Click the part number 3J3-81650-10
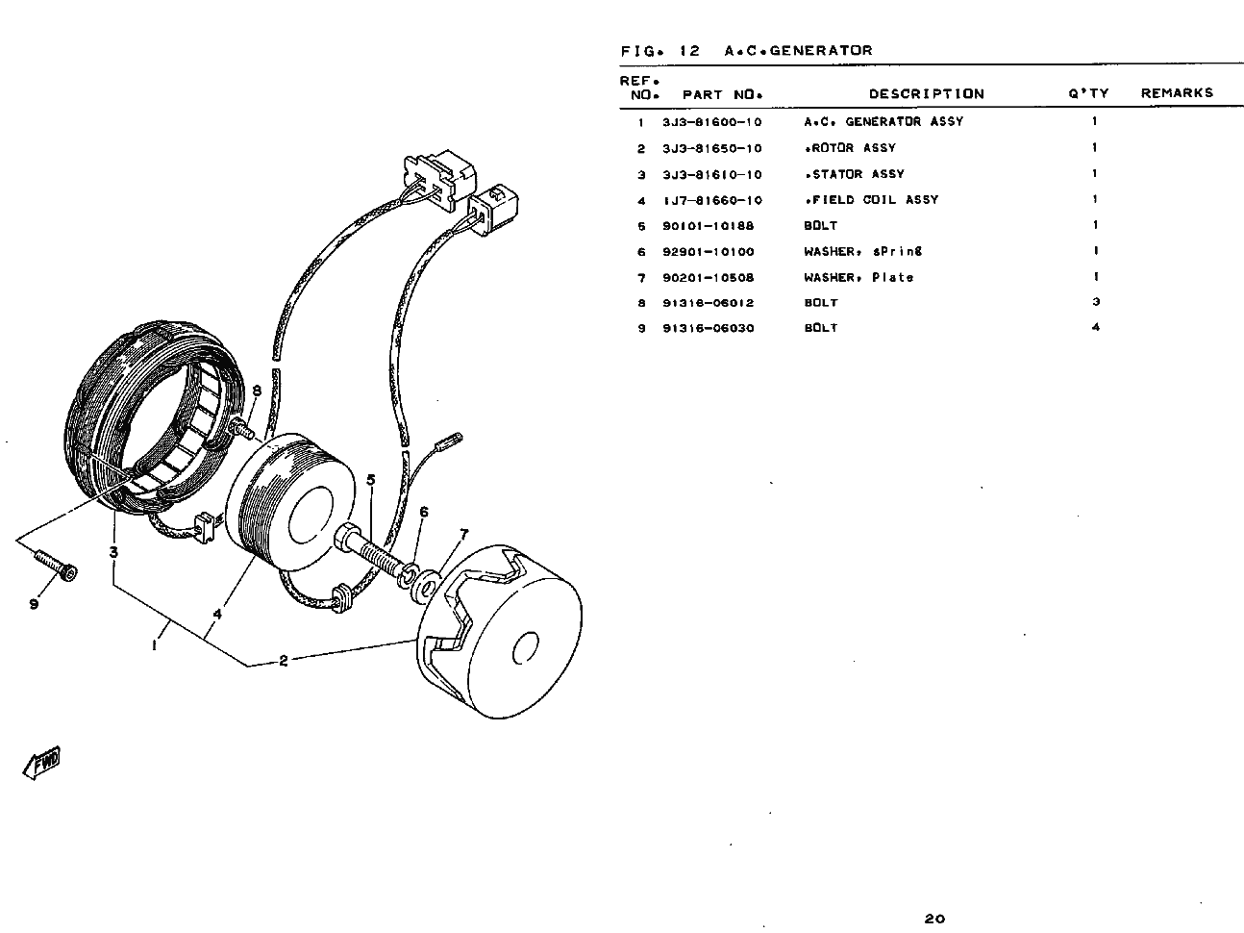point(711,148)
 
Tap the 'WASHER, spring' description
point(862,252)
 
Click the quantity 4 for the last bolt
point(1095,328)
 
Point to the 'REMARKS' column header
point(1177,93)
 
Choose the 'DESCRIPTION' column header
point(926,93)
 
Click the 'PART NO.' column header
point(722,94)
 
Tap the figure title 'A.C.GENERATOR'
point(798,51)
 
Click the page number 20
point(933,919)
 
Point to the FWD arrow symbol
point(40,763)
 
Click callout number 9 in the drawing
point(33,604)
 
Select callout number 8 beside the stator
point(257,391)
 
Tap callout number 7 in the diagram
point(463,534)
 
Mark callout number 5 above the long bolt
point(371,479)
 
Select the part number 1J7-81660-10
point(711,200)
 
